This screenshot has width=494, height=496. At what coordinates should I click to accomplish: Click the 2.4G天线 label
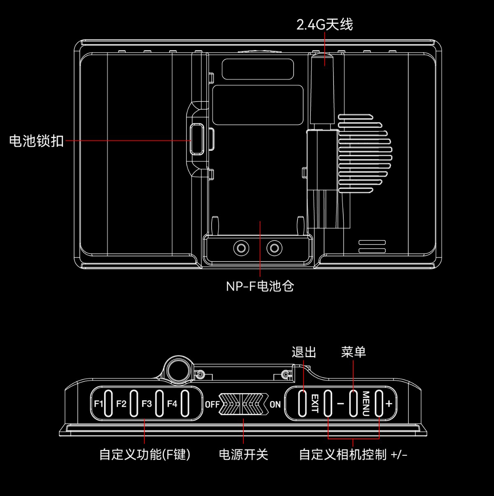tap(324, 25)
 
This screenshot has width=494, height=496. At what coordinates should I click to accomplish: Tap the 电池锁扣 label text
tap(37, 141)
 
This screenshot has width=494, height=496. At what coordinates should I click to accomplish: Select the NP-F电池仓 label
tap(260, 286)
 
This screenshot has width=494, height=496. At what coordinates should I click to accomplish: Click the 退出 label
tap(304, 352)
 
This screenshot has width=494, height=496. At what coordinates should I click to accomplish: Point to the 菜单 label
tap(354, 352)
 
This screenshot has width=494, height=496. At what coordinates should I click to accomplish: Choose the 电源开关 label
tap(243, 454)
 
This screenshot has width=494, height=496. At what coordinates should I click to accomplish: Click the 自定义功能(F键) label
tap(145, 454)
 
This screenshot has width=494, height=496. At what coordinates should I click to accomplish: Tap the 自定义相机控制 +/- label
tap(353, 454)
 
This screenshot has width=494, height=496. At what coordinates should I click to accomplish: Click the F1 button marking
tap(98, 404)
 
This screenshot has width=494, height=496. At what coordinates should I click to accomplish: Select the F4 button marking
tap(172, 404)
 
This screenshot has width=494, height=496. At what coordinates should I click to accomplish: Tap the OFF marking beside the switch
tap(212, 404)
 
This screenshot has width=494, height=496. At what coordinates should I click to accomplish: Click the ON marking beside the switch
tap(275, 404)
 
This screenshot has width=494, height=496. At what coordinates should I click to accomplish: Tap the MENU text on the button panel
tap(366, 404)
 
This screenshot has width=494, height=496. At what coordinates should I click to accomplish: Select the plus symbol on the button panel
tap(389, 404)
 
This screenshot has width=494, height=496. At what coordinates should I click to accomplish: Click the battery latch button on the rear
tap(197, 140)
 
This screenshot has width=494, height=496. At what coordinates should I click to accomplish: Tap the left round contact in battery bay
tap(241, 248)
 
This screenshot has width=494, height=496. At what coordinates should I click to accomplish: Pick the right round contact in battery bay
tap(274, 248)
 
